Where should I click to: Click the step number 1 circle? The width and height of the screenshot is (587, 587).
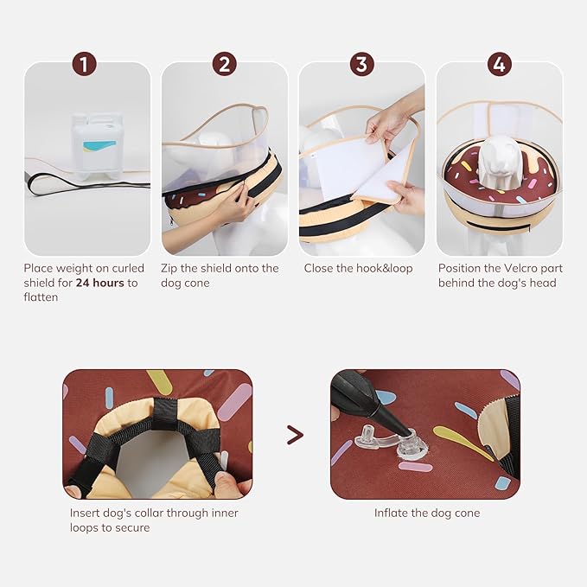click(84, 64)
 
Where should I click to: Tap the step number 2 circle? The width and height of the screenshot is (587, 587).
click(224, 64)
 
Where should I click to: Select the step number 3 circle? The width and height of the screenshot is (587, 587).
click(361, 64)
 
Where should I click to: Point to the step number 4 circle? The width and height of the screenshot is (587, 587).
click(500, 64)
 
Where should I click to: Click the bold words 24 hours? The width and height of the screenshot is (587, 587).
click(99, 283)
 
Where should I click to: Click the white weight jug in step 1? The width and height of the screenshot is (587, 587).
click(97, 146)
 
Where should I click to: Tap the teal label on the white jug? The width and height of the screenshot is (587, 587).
click(99, 146)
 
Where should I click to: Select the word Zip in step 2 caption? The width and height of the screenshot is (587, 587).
click(169, 269)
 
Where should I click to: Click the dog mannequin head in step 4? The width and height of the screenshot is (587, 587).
click(499, 157)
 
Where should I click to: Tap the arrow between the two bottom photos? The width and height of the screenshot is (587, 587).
click(295, 435)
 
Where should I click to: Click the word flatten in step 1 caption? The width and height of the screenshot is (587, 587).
click(41, 297)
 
